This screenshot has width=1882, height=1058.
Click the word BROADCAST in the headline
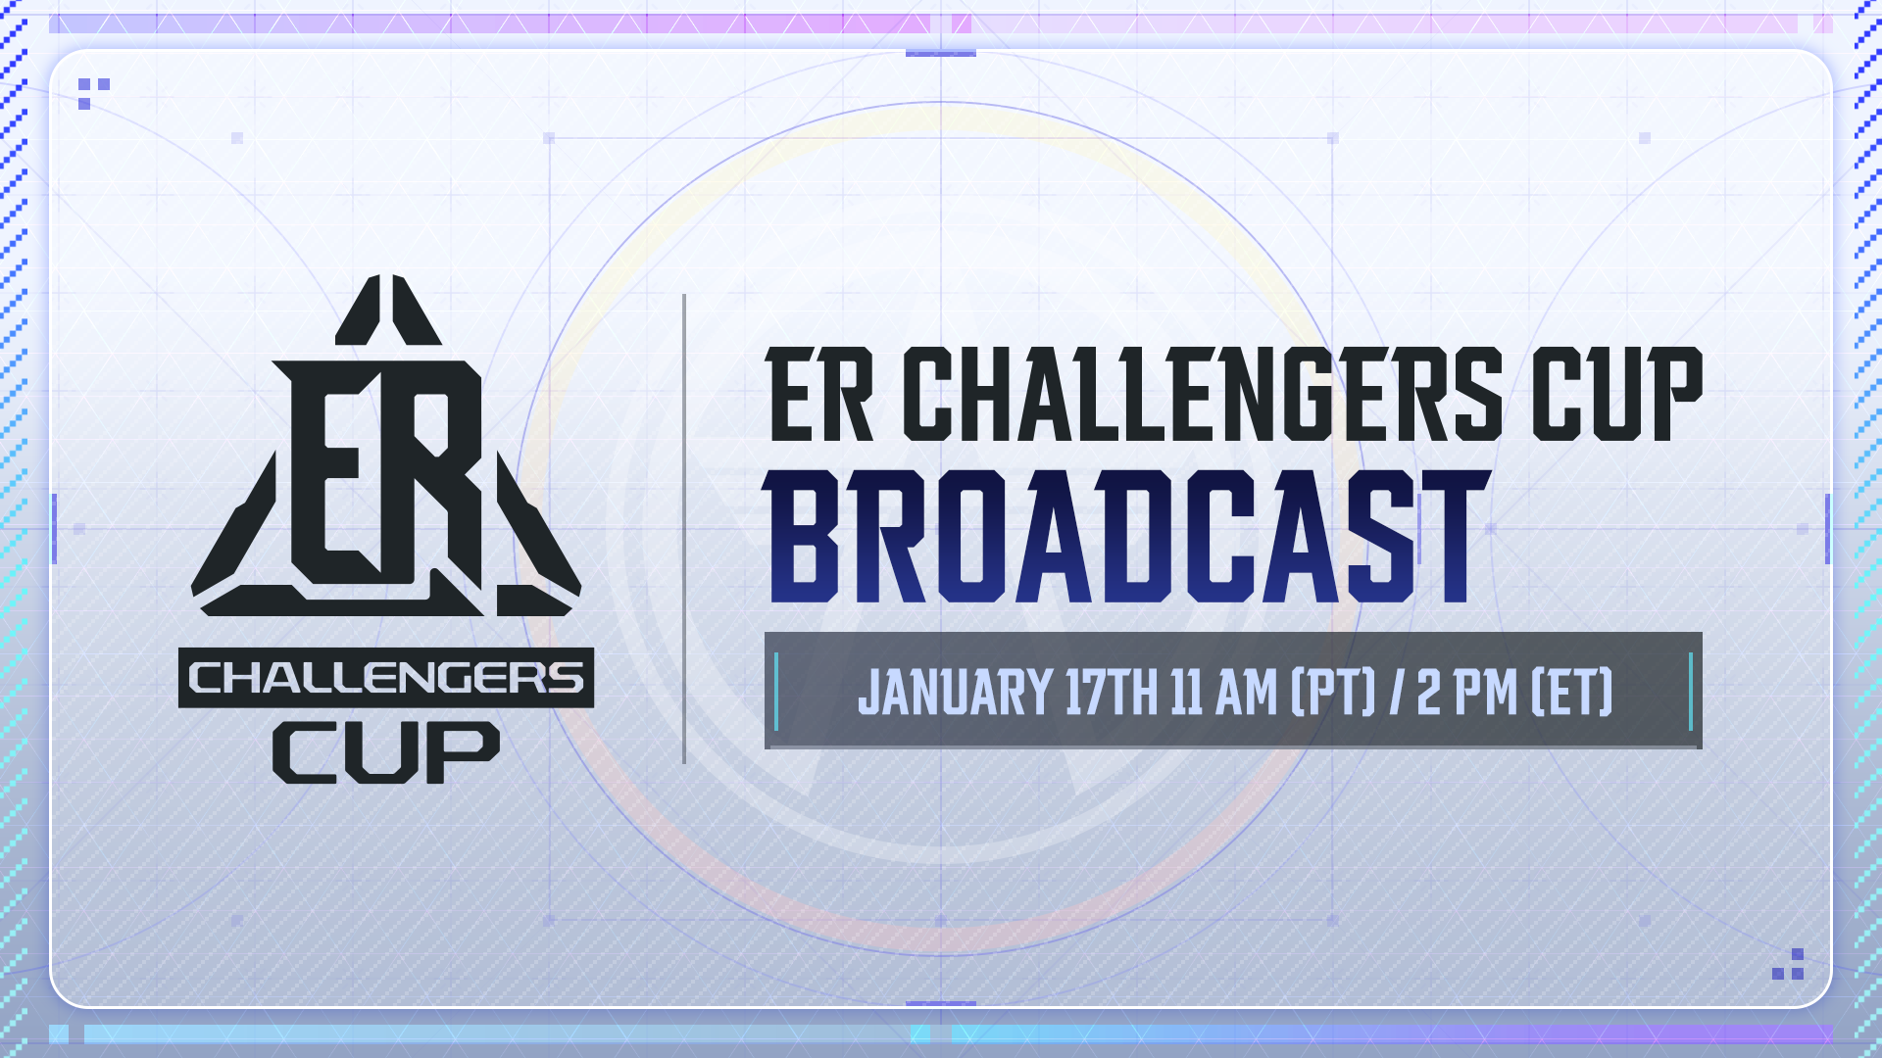pos(1126,536)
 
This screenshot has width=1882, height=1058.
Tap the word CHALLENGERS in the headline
pos(1209,395)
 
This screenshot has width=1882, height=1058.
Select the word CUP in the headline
pos(1617,395)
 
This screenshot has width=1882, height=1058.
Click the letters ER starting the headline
pos(820,395)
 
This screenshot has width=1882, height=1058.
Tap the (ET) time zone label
pos(1571,693)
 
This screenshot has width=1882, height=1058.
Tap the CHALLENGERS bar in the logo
pos(386,677)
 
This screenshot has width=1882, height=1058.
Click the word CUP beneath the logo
pos(386,752)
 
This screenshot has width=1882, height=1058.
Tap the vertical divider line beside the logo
pos(684,528)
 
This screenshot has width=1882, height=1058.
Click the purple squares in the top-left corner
pos(93,93)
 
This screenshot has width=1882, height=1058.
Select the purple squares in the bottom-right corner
pos(1789,964)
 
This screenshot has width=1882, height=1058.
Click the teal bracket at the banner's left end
pos(776,692)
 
